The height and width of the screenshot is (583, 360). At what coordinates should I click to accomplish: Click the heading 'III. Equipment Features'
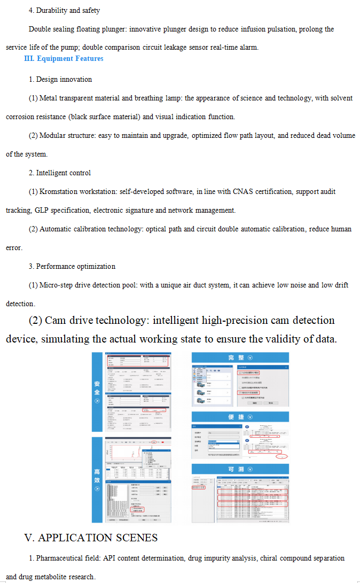click(x=64, y=59)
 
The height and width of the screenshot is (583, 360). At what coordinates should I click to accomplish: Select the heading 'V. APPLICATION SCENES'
click(x=91, y=538)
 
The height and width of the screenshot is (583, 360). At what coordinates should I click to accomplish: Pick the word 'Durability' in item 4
click(x=52, y=10)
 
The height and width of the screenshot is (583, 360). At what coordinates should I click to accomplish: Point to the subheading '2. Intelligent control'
click(x=60, y=173)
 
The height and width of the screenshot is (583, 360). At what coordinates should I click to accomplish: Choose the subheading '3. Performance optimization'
click(x=72, y=266)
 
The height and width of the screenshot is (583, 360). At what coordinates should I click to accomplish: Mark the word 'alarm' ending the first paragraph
click(x=248, y=48)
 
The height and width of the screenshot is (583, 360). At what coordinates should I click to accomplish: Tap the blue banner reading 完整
click(x=240, y=358)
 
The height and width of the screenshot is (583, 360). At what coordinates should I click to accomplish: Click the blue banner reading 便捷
click(x=240, y=417)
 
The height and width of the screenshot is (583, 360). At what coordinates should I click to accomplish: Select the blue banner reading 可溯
click(x=240, y=469)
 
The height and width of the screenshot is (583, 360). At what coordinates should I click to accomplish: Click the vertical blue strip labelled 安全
click(x=97, y=392)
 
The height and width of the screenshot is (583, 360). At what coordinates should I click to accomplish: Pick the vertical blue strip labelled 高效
click(x=97, y=479)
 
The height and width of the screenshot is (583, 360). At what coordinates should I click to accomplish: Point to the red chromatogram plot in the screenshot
click(x=128, y=454)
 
